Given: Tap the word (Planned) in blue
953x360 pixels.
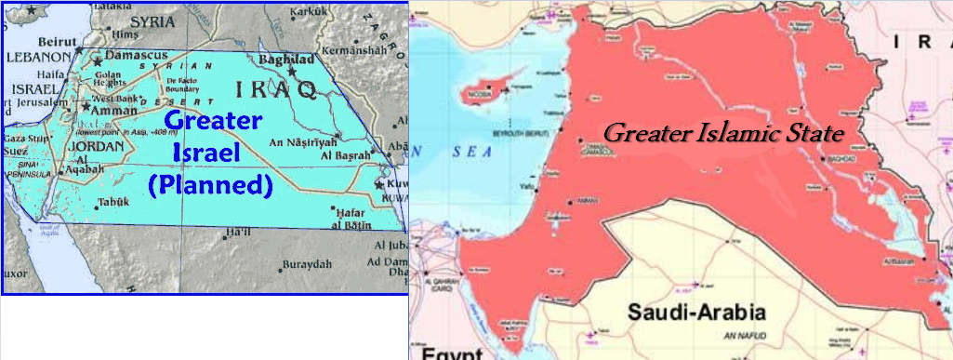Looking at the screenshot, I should [210, 184].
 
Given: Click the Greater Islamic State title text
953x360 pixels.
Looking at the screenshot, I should [723, 133].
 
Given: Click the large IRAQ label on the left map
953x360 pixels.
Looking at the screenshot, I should [278, 89].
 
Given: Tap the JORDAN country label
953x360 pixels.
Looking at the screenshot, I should [96, 147].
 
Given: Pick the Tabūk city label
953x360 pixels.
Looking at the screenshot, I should [113, 202].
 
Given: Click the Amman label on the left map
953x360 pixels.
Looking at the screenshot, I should [111, 110].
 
